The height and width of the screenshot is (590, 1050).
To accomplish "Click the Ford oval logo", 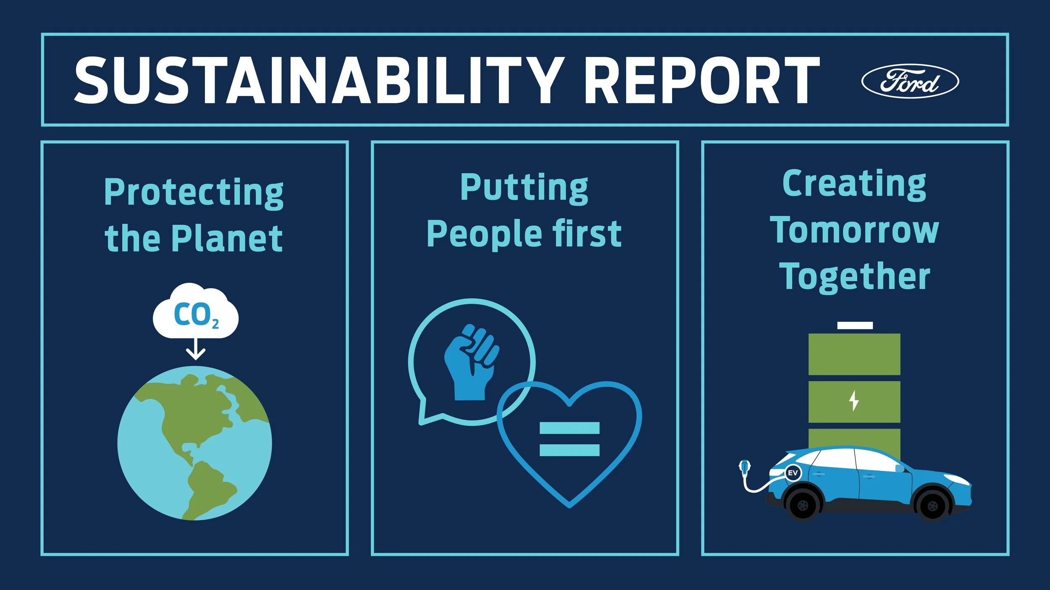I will [x=910, y=81].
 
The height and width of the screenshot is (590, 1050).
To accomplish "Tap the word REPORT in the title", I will [x=701, y=80].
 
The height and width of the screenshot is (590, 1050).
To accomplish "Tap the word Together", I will [x=855, y=276].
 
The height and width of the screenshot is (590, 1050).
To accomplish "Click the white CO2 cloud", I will [x=195, y=313].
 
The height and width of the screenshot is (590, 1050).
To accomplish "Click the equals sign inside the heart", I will [x=569, y=439].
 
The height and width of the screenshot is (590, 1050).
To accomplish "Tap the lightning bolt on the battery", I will [x=854, y=401].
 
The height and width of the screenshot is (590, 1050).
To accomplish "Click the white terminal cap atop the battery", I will [x=855, y=325].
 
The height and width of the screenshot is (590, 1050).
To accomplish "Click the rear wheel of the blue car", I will [x=802, y=505].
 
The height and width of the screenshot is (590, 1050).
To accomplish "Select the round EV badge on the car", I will [x=793, y=473].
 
